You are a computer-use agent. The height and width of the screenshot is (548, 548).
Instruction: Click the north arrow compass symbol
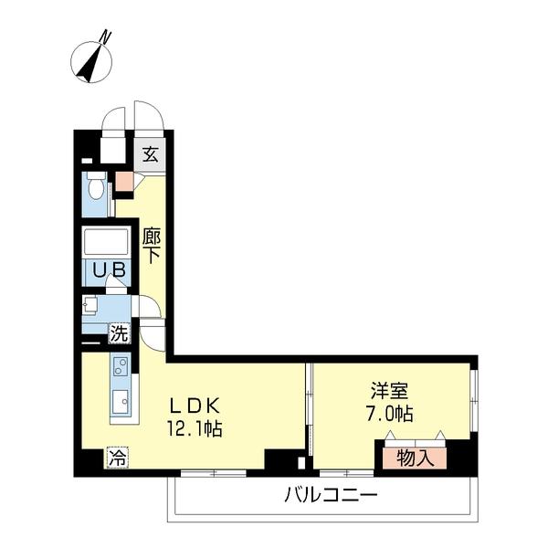click(91, 58)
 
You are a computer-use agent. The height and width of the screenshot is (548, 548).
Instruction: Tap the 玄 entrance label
click(150, 154)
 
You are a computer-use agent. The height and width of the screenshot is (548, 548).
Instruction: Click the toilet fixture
click(95, 186)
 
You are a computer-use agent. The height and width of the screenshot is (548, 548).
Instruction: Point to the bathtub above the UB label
click(108, 242)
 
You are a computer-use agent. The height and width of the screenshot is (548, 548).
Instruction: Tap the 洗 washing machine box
click(119, 333)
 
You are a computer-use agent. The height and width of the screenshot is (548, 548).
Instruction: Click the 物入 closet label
click(415, 457)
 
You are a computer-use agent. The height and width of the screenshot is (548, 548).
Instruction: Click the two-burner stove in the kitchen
click(121, 367)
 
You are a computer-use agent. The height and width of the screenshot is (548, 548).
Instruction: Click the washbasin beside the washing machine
click(90, 306)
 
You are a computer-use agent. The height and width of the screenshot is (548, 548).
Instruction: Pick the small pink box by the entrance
click(123, 180)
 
